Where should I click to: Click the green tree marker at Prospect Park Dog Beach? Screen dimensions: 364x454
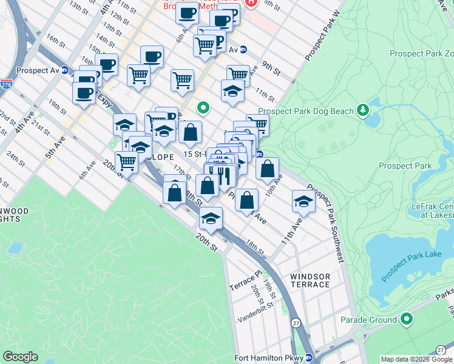click(363, 110)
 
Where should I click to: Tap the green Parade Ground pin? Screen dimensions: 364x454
click(407, 319)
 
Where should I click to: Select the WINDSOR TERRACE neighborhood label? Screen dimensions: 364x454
click(310, 280)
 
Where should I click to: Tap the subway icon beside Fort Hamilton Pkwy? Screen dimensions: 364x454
click(308, 358)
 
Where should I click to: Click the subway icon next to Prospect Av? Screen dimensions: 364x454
click(64, 70)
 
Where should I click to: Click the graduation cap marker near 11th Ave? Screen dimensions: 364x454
click(303, 201)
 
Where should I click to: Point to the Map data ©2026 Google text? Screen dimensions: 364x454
click(416, 359)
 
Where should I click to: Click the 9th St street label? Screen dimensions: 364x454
click(271, 69)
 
